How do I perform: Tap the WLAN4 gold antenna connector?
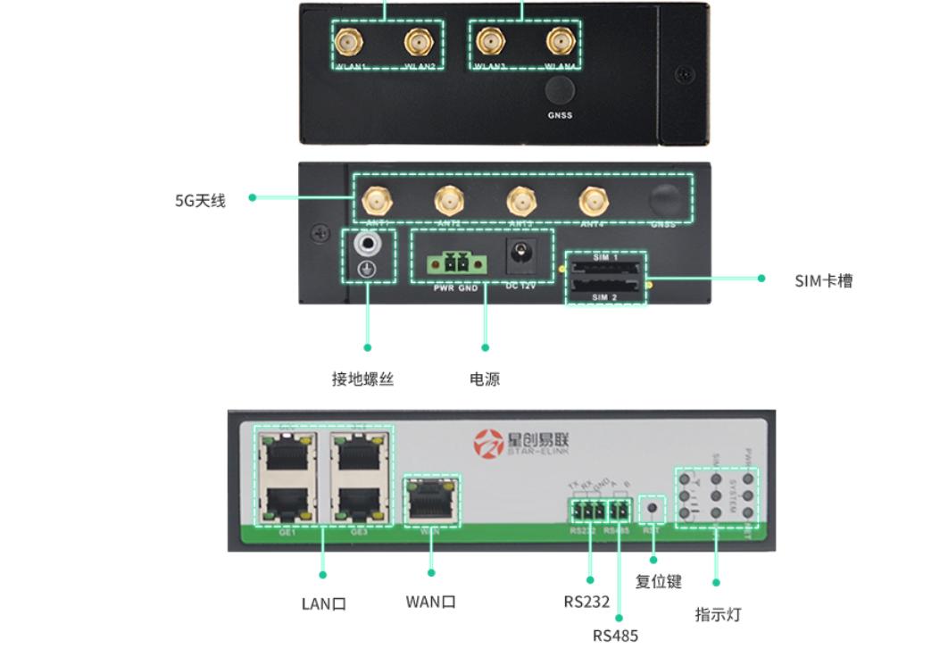[x=561, y=41]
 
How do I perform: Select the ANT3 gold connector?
[x=521, y=201]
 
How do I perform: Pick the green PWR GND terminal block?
[x=455, y=263]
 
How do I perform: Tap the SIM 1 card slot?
[x=606, y=267]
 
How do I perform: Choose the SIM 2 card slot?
[x=606, y=287]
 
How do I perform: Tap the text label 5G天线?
[x=200, y=201]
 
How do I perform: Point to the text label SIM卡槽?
[x=823, y=281]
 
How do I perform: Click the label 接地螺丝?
[x=362, y=379]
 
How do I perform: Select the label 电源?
[x=485, y=379]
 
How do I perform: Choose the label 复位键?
[x=658, y=582]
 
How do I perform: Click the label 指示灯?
[x=718, y=615]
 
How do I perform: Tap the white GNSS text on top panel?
[x=560, y=115]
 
